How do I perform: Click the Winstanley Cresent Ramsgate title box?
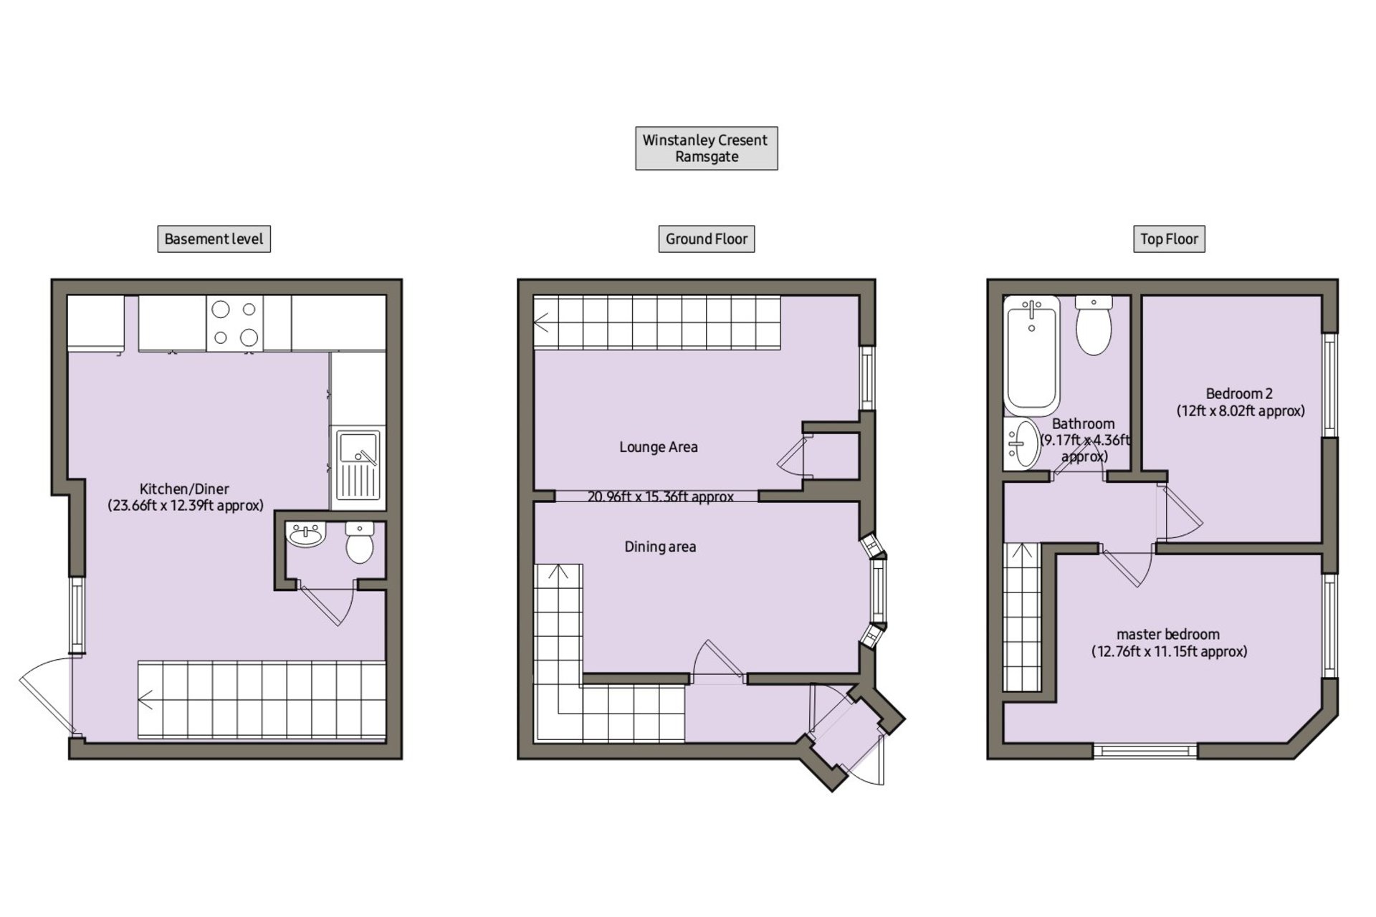pyautogui.click(x=706, y=148)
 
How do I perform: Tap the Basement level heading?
pyautogui.click(x=214, y=239)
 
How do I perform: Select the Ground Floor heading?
pyautogui.click(x=706, y=239)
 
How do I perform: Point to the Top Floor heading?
pyautogui.click(x=1169, y=239)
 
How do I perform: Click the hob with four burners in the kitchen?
pyautogui.click(x=234, y=323)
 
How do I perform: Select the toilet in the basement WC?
pyautogui.click(x=360, y=542)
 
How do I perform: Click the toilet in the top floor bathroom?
pyautogui.click(x=1094, y=326)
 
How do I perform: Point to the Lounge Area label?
pyautogui.click(x=659, y=447)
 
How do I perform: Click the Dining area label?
pyautogui.click(x=660, y=547)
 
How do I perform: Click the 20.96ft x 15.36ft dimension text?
pyautogui.click(x=661, y=496)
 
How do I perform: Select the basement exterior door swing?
pyautogui.click(x=44, y=695)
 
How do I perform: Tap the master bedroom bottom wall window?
pyautogui.click(x=1145, y=751)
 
